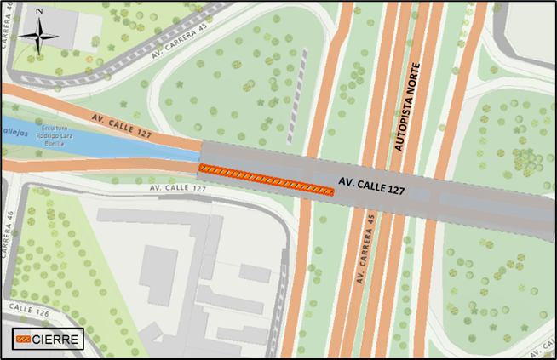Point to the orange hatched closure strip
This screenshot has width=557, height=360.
[x=266, y=179]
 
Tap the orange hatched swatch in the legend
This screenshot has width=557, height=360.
[x=23, y=340]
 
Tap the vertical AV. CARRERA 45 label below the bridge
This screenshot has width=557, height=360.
[x=365, y=247]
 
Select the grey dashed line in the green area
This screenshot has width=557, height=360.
[x=297, y=94]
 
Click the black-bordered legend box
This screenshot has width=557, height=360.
[x=47, y=340]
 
